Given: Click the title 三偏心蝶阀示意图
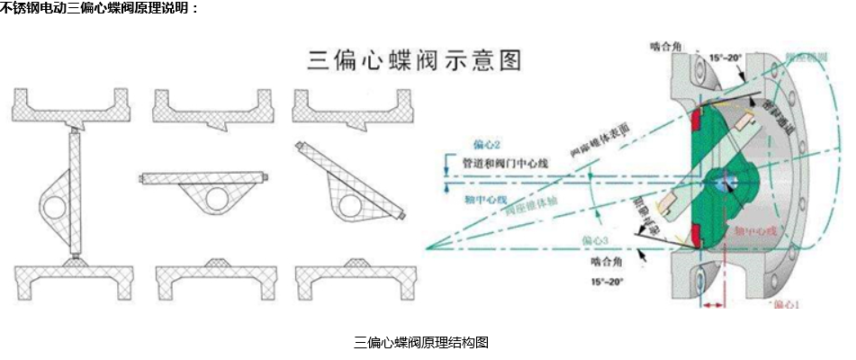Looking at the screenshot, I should pyautogui.click(x=415, y=60).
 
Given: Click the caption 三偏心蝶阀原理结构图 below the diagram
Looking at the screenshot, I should pyautogui.click(x=421, y=343).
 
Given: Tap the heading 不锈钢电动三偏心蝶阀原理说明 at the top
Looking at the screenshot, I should pyautogui.click(x=99, y=8).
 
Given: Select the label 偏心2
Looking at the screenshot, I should pyautogui.click(x=486, y=144).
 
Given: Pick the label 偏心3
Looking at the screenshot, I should pyautogui.click(x=597, y=240).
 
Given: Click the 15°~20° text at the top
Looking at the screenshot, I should pyautogui.click(x=725, y=58).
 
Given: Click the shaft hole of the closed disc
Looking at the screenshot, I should pyautogui.click(x=51, y=205).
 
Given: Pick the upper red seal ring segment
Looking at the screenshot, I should pyautogui.click(x=698, y=121).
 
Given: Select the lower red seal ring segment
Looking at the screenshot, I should pyautogui.click(x=698, y=236).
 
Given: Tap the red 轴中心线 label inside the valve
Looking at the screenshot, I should pyautogui.click(x=755, y=231).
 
